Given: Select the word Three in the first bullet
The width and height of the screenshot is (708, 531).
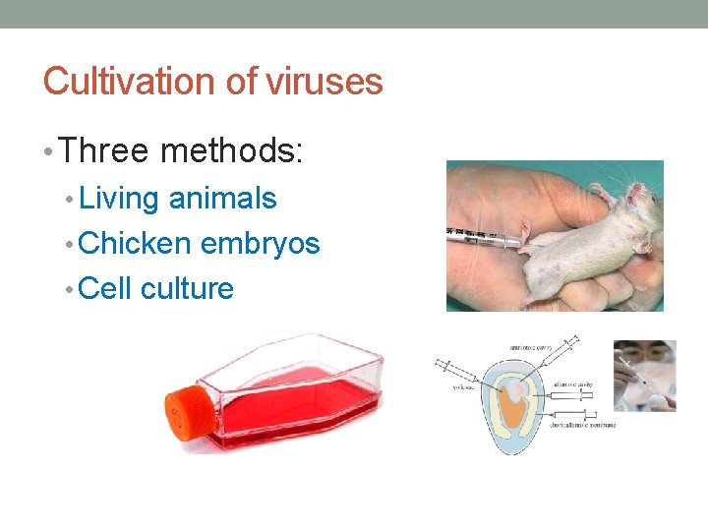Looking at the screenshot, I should click(103, 151).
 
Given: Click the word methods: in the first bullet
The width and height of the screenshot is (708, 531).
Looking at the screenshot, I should click(232, 151).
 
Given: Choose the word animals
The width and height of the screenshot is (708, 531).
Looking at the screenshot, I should click(223, 199).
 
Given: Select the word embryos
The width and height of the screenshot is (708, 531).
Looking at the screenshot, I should click(261, 244).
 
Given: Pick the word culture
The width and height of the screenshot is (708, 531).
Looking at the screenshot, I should click(188, 289).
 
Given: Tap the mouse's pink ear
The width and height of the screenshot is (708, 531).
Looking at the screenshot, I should click(638, 193).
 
